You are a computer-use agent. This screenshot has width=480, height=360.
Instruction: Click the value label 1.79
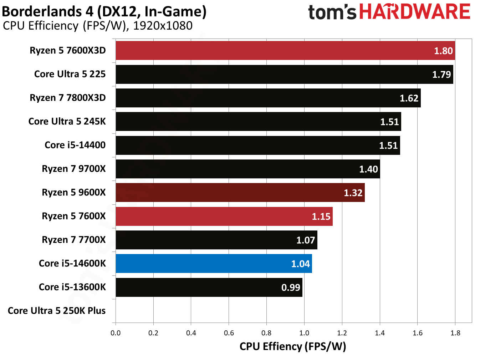(441, 75)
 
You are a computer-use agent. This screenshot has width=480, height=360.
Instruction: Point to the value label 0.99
(291, 288)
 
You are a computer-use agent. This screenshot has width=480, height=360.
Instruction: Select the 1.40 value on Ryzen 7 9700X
(368, 169)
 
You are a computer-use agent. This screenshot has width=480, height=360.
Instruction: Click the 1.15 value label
(321, 217)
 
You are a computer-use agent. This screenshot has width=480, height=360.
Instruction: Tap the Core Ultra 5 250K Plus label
(57, 311)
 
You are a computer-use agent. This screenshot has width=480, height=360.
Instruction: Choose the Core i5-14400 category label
(75, 145)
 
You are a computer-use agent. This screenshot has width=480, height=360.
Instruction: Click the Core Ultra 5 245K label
(67, 122)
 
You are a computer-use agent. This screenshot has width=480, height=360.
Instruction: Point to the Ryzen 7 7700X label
(74, 240)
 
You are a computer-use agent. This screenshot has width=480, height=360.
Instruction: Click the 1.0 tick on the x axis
(304, 333)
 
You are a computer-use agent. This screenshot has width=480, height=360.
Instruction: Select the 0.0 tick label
(116, 333)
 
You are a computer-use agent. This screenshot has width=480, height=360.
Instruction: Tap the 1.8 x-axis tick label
(455, 333)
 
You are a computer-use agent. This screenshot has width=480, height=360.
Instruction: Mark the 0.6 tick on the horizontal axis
(229, 333)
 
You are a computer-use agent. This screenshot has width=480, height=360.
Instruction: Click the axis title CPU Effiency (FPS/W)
(293, 346)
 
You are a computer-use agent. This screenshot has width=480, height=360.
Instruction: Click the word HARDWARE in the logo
(415, 12)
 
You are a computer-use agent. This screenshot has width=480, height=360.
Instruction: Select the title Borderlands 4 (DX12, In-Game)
(104, 11)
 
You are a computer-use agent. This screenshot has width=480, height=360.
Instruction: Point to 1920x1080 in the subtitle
(163, 26)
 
